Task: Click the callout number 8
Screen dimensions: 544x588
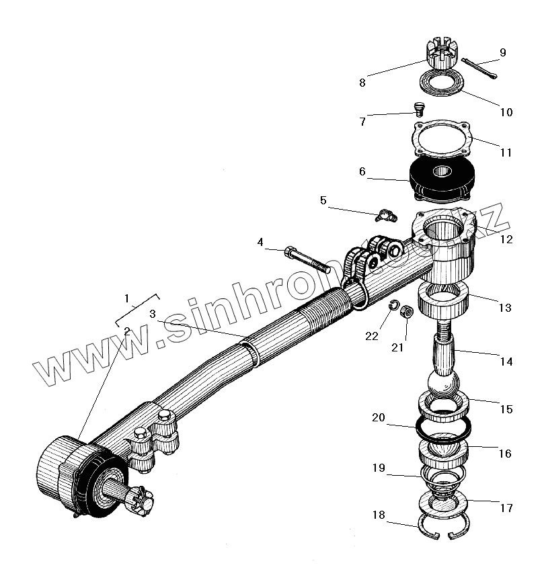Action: [x=362, y=83]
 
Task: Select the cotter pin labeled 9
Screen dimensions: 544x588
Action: [x=479, y=70]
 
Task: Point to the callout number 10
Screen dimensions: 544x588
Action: [x=506, y=112]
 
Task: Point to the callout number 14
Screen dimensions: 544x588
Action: [x=506, y=362]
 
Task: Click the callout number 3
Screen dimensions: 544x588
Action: [x=153, y=314]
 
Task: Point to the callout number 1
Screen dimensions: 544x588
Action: [x=125, y=297]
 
